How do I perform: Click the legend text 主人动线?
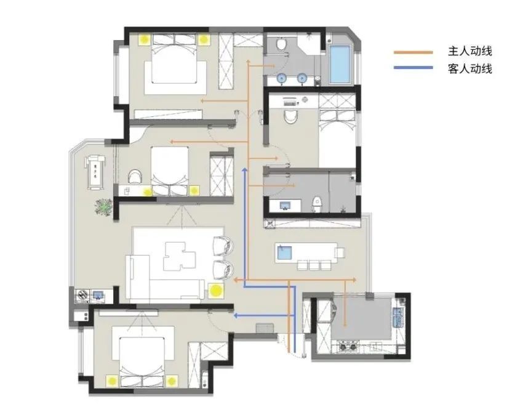point(469,52)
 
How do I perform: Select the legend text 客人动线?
point(469,69)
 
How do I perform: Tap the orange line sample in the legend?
point(413,52)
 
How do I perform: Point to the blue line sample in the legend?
point(413,68)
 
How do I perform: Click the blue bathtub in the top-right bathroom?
point(340,64)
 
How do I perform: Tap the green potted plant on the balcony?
point(104,207)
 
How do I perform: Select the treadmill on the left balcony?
point(95,172)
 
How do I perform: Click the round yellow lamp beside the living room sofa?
point(217,291)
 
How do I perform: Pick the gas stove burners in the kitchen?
point(348,347)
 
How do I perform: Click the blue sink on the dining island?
point(284,253)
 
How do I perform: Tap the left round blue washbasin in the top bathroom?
point(282,78)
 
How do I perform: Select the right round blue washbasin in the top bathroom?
point(302,78)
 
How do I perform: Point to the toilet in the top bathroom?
point(282,44)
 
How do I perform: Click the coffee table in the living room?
point(179,256)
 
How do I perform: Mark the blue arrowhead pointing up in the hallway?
point(244,171)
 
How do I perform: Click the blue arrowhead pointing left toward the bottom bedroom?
point(236,315)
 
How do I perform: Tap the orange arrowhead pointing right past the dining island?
point(354,280)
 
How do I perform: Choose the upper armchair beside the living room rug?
point(223,246)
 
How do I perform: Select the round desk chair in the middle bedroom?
point(135,177)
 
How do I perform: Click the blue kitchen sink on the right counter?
point(398,316)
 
